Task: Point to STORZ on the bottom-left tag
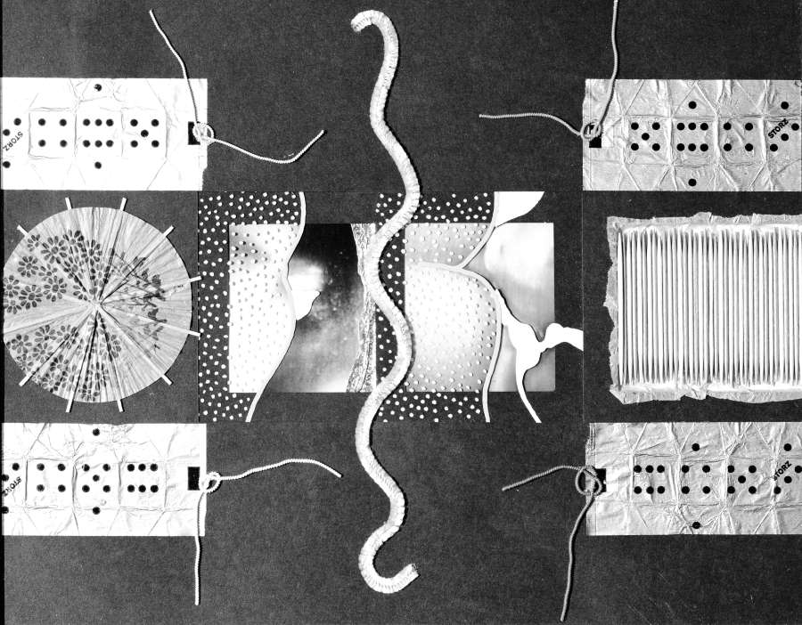[x=12, y=488]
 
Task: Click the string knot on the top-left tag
[x=204, y=134]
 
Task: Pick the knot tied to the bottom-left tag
[x=211, y=482]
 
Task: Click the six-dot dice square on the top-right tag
[x=692, y=136]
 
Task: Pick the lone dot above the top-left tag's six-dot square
[x=96, y=87]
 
